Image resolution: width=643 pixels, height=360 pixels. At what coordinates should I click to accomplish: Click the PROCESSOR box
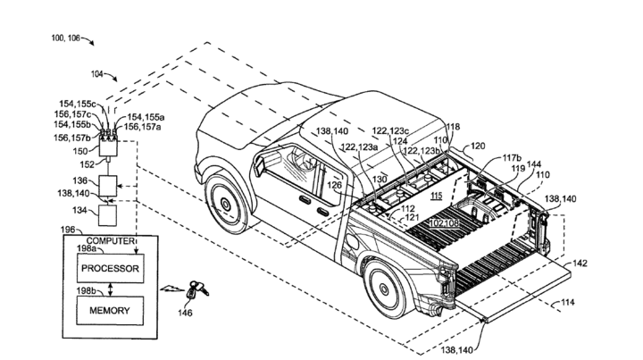108,267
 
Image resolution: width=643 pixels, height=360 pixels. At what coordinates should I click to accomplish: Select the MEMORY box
108,310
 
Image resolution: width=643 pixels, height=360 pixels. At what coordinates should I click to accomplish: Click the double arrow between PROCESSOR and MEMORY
108,288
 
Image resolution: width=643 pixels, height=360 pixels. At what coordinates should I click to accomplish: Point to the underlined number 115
437,196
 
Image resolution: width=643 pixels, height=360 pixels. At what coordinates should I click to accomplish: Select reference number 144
535,165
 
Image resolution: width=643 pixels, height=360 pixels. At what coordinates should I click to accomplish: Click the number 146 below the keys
184,314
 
